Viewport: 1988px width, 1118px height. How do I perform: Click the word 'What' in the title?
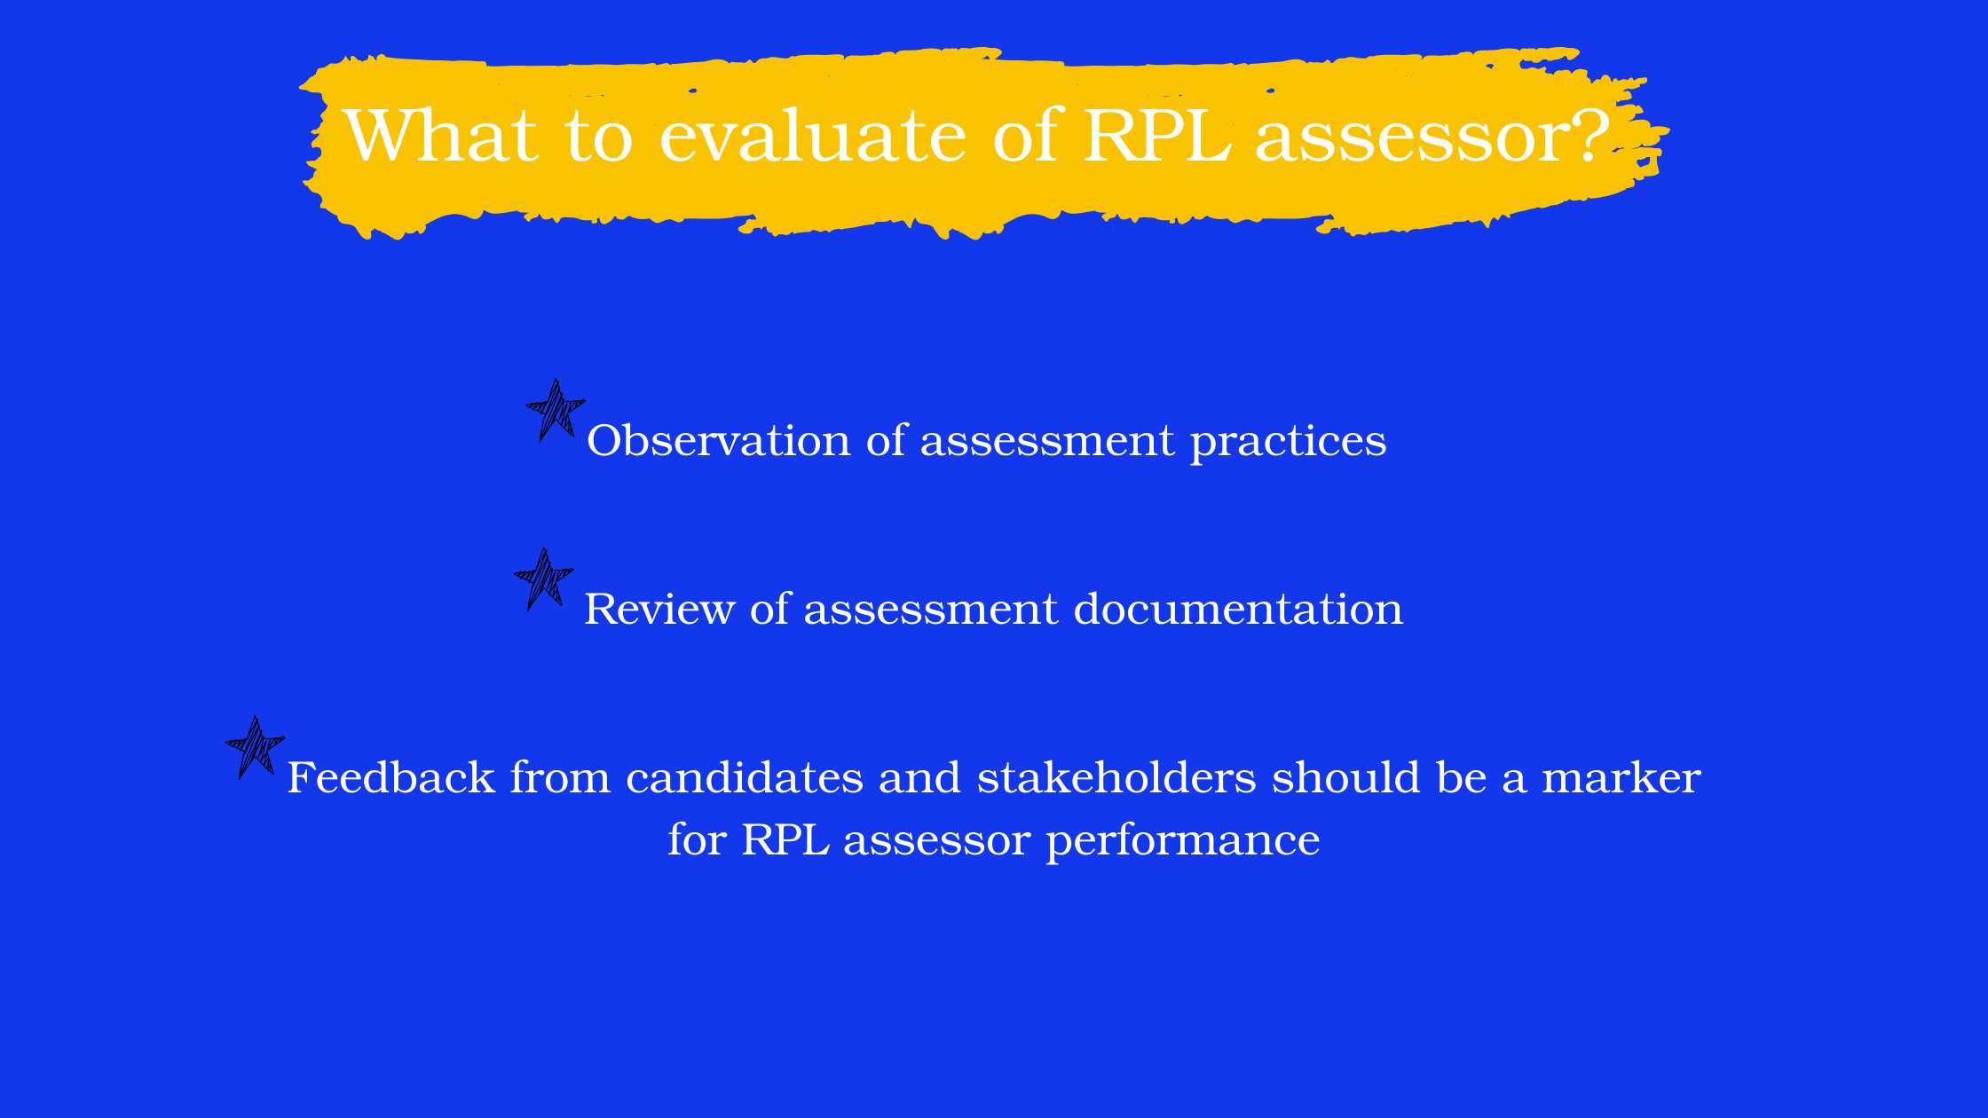click(x=441, y=135)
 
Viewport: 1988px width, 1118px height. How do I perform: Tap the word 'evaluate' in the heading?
click(x=813, y=136)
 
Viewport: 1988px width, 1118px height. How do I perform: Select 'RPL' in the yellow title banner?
click(x=1157, y=135)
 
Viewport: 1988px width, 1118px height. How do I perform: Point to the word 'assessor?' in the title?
click(x=1432, y=136)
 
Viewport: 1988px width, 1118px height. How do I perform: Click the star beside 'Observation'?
click(x=556, y=410)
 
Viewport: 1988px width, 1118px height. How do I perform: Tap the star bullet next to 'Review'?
click(x=544, y=579)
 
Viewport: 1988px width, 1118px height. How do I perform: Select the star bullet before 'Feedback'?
click(x=256, y=747)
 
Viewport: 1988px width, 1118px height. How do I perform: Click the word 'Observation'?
click(x=719, y=440)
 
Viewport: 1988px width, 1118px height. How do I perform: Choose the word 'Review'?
click(x=659, y=609)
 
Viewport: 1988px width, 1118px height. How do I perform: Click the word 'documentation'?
click(x=1239, y=609)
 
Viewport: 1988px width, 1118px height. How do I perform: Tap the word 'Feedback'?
click(x=391, y=777)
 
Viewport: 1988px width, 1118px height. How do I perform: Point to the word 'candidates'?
click(x=745, y=777)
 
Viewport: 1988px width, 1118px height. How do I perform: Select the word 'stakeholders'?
click(x=1116, y=777)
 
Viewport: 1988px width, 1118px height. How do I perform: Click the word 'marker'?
click(x=1621, y=777)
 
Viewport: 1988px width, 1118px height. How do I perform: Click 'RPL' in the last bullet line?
click(x=785, y=839)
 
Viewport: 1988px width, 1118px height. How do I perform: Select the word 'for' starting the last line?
click(x=698, y=839)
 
